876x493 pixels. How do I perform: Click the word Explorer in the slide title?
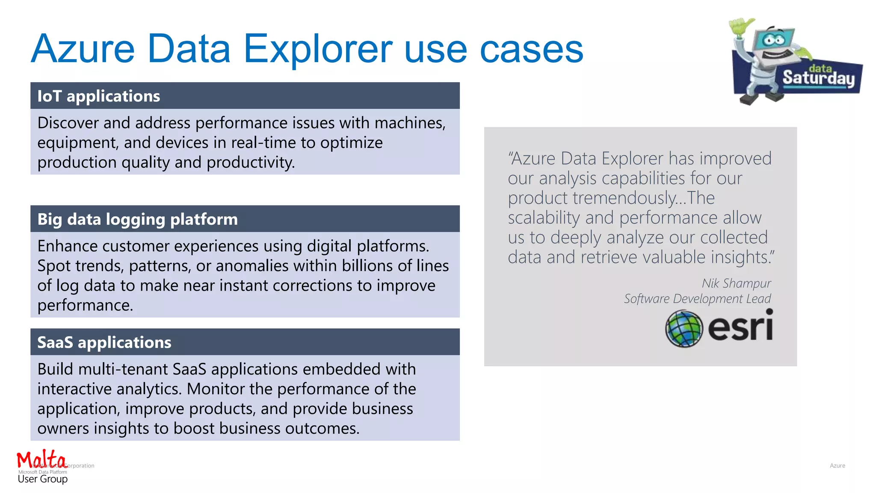coord(318,50)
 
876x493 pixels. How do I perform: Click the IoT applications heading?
coord(98,96)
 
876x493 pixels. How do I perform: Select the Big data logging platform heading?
coord(137,220)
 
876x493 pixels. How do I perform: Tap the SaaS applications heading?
coord(104,343)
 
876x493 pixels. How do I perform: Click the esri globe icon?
coord(684,328)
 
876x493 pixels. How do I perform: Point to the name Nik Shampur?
coord(736,283)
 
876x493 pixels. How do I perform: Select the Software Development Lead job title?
coord(697,299)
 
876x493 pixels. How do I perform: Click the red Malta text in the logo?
coord(41,459)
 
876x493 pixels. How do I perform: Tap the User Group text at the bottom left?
coord(42,479)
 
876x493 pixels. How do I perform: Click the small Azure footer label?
coord(837,466)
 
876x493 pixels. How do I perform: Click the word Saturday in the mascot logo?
coord(818,78)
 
